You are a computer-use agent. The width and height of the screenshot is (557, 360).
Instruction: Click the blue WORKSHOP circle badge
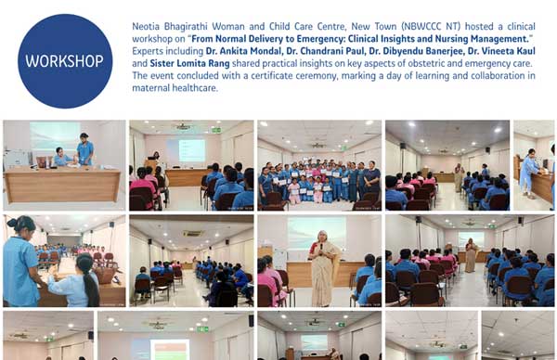(x=65, y=61)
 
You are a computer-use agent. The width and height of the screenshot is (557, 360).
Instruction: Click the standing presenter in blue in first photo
(x=85, y=150)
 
